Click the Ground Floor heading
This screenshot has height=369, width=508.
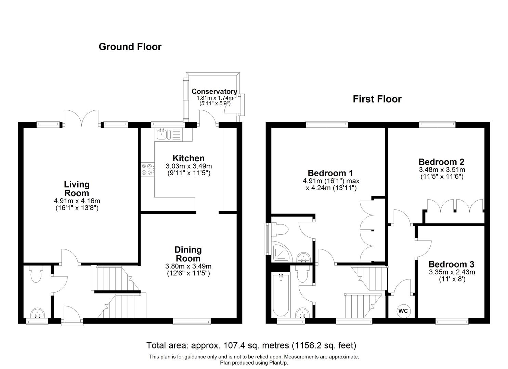130,47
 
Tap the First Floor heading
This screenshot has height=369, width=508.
377,99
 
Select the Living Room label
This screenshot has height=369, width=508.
77,189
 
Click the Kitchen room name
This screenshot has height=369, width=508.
188,158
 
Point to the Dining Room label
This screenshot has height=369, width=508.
188,254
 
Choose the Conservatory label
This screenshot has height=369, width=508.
214,91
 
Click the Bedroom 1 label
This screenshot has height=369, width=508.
330,173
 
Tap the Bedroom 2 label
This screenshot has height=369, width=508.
441,162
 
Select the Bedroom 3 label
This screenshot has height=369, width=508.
451,264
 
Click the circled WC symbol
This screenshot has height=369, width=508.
403,311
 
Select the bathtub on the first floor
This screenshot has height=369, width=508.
281,295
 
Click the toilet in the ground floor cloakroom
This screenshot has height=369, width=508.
36,274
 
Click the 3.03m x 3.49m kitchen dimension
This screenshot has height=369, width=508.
188,166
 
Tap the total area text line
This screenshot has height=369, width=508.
251,345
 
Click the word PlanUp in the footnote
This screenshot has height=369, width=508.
278,363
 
